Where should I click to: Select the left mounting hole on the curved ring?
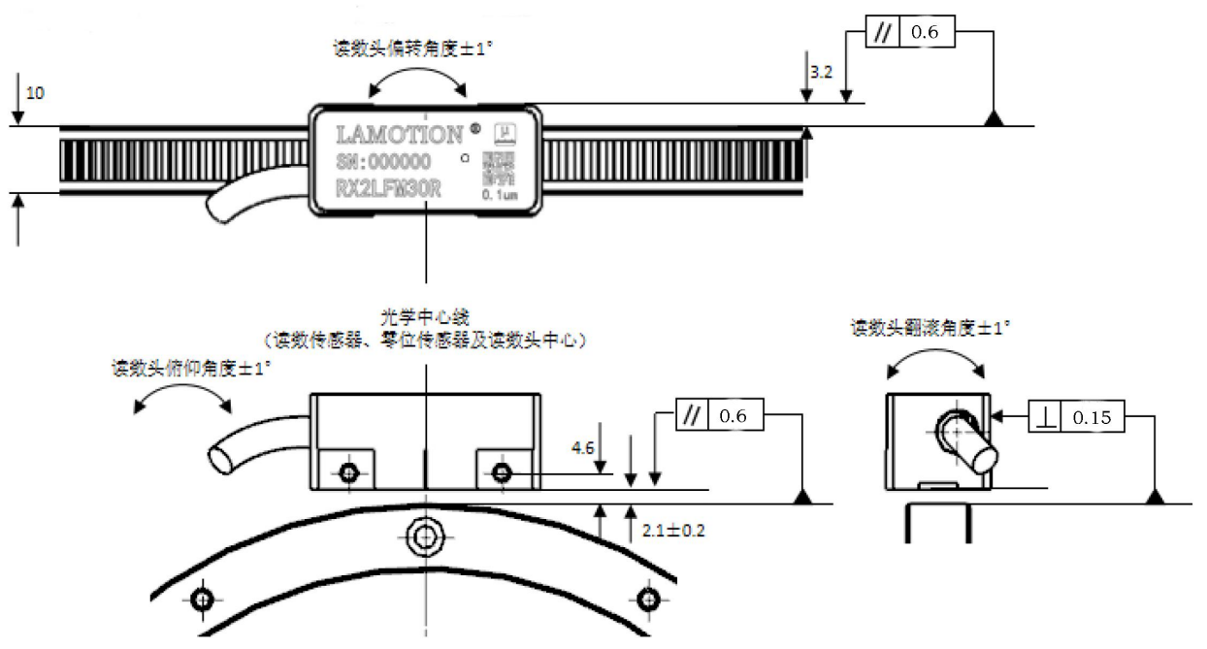coord(202,600)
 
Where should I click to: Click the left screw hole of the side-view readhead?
coord(349,472)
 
